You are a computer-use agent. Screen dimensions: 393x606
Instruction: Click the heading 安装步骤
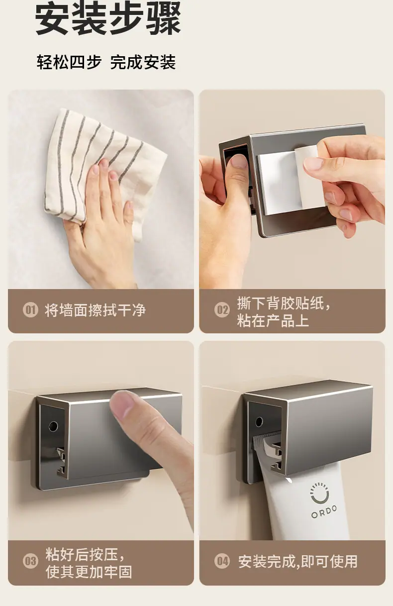pos(108,18)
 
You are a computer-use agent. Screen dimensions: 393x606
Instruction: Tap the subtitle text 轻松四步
pos(69,62)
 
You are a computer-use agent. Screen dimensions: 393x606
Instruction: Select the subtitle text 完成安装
pos(143,62)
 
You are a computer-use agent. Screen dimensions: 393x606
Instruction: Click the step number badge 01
pos(30,310)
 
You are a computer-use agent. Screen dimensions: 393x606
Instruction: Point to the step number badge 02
pos(222,310)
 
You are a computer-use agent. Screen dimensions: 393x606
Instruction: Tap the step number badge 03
pos(30,561)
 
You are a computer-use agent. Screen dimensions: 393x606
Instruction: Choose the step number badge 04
pos(222,561)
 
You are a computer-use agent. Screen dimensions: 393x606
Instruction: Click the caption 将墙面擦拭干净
pos(95,310)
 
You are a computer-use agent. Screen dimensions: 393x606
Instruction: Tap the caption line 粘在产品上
pos(273,321)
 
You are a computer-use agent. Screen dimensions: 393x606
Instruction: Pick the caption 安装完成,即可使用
pos(298,562)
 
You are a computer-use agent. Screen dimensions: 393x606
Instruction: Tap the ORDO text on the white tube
pos(324,511)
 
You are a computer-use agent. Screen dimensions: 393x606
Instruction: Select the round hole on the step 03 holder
pos(53,426)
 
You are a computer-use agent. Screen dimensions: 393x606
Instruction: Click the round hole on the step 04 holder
pos(259,422)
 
